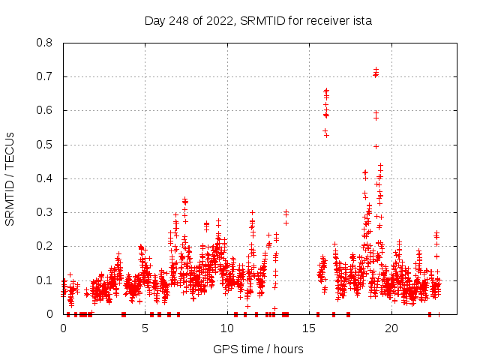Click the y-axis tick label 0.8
(x=46, y=43)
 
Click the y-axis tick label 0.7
(x=46, y=76)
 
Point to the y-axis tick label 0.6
(x=46, y=110)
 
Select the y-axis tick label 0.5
(x=46, y=144)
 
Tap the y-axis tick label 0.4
(x=46, y=178)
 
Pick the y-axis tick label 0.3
(x=46, y=212)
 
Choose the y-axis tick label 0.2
(x=46, y=246)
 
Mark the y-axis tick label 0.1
(x=46, y=280)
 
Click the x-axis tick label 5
(x=145, y=328)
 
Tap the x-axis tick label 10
(x=227, y=328)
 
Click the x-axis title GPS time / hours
(x=258, y=349)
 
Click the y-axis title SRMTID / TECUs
(x=11, y=178)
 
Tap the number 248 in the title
(x=180, y=21)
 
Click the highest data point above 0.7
(x=376, y=69)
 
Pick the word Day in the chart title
(x=155, y=21)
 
